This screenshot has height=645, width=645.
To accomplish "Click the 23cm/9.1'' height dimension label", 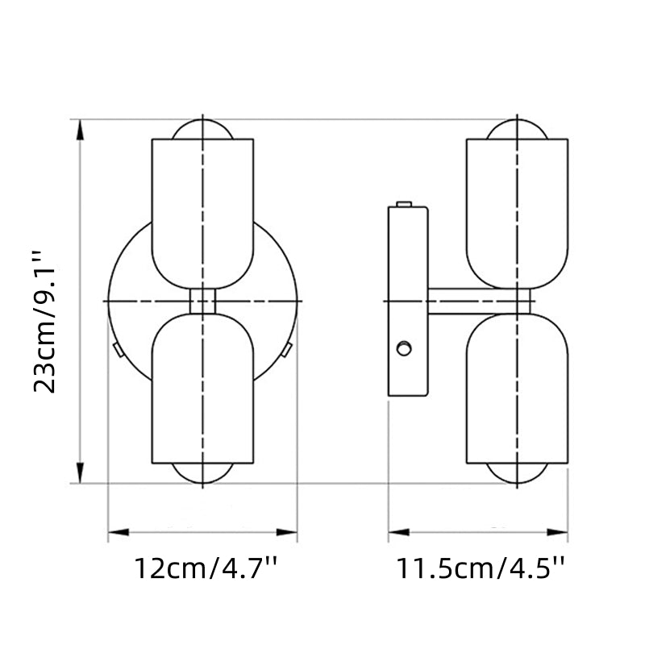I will (x=47, y=321).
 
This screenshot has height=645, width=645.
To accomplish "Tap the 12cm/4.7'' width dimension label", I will (x=205, y=569).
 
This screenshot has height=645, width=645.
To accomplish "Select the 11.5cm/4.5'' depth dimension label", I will (x=479, y=569).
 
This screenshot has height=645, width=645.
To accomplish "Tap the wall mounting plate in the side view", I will (x=408, y=302).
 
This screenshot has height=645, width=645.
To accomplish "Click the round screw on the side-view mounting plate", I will (x=404, y=349).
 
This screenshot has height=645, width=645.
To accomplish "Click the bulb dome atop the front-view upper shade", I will (x=202, y=129).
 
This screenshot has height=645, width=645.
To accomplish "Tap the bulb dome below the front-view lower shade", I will (x=202, y=474).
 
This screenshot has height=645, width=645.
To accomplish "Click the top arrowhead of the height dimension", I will (x=80, y=129).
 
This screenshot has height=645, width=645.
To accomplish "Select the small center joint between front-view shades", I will (x=202, y=301).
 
